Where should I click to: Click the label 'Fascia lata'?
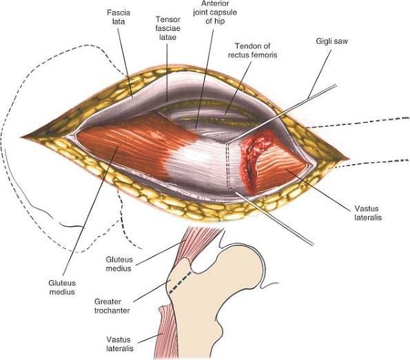[x=119, y=17]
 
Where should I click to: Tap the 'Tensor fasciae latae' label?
[x=168, y=28]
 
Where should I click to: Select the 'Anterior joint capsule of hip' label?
[x=215, y=12]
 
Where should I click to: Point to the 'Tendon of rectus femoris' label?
[x=253, y=50]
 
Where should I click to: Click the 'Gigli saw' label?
[x=332, y=41]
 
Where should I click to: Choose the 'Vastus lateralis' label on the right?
[x=368, y=213]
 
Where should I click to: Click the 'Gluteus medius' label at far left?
[x=62, y=288]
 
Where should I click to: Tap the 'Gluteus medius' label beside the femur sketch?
[x=119, y=264]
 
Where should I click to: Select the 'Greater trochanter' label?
[x=112, y=306]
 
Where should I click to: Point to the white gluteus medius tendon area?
[x=198, y=159]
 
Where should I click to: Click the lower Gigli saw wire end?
[x=312, y=244]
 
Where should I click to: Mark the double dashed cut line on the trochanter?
[x=228, y=166]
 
